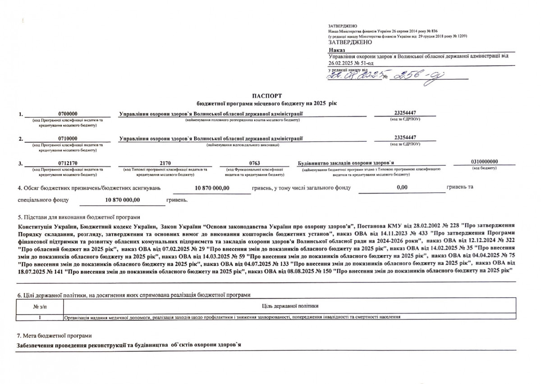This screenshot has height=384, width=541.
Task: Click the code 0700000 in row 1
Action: tap(68, 114)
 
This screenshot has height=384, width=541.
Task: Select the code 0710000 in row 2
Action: tap(68, 139)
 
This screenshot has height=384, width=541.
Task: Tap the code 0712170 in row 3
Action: tap(68, 163)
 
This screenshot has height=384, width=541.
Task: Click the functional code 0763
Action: tap(254, 163)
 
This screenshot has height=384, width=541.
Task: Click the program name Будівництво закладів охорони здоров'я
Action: tap(346, 163)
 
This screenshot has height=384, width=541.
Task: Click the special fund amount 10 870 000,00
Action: tap(123, 199)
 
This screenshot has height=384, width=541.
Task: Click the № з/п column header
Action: tap(40, 306)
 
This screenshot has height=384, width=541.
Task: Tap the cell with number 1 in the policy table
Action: tap(40, 317)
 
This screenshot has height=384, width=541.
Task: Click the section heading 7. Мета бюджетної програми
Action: tap(54, 336)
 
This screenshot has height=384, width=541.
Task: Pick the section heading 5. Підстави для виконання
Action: tap(78, 217)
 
